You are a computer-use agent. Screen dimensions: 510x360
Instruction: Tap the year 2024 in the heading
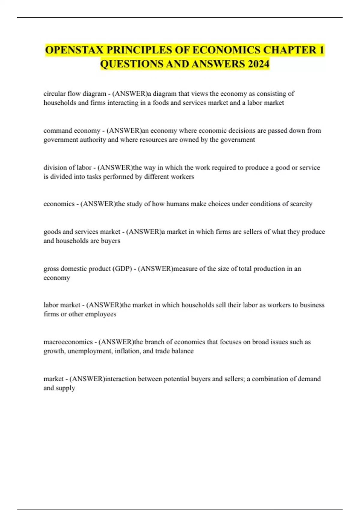[257, 64]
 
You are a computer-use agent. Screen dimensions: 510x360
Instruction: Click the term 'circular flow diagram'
[75, 94]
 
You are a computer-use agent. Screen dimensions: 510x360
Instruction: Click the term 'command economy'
[72, 130]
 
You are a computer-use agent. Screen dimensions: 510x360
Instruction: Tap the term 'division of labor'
[67, 167]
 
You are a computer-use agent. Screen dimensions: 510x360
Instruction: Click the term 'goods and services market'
[82, 232]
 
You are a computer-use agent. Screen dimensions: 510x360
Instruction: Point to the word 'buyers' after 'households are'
[110, 241]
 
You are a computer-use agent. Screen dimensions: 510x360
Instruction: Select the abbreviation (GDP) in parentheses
[122, 268]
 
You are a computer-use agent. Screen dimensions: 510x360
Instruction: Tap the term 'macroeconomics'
[68, 342]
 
